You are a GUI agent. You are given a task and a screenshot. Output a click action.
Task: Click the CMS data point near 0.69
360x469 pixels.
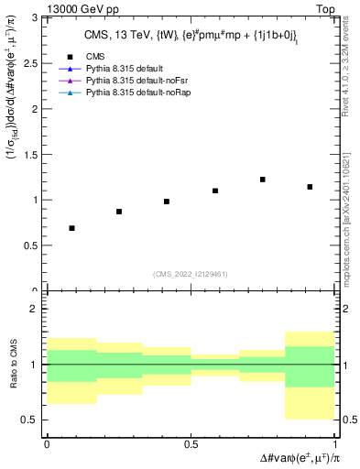pyautogui.click(x=71, y=228)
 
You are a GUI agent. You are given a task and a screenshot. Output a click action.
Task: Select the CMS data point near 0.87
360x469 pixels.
pyautogui.click(x=119, y=212)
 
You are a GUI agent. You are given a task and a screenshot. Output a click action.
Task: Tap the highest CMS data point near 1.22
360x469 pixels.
pyautogui.click(x=262, y=180)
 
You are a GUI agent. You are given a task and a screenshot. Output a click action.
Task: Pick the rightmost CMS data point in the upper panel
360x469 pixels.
pyautogui.click(x=310, y=187)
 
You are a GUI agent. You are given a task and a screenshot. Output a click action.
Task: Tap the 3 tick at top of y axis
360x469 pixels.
pyautogui.click(x=35, y=17)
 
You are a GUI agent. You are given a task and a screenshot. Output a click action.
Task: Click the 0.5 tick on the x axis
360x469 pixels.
pyautogui.click(x=190, y=443)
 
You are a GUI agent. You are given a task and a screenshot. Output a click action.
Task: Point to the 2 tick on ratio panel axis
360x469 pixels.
pyautogui.click(x=35, y=309)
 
